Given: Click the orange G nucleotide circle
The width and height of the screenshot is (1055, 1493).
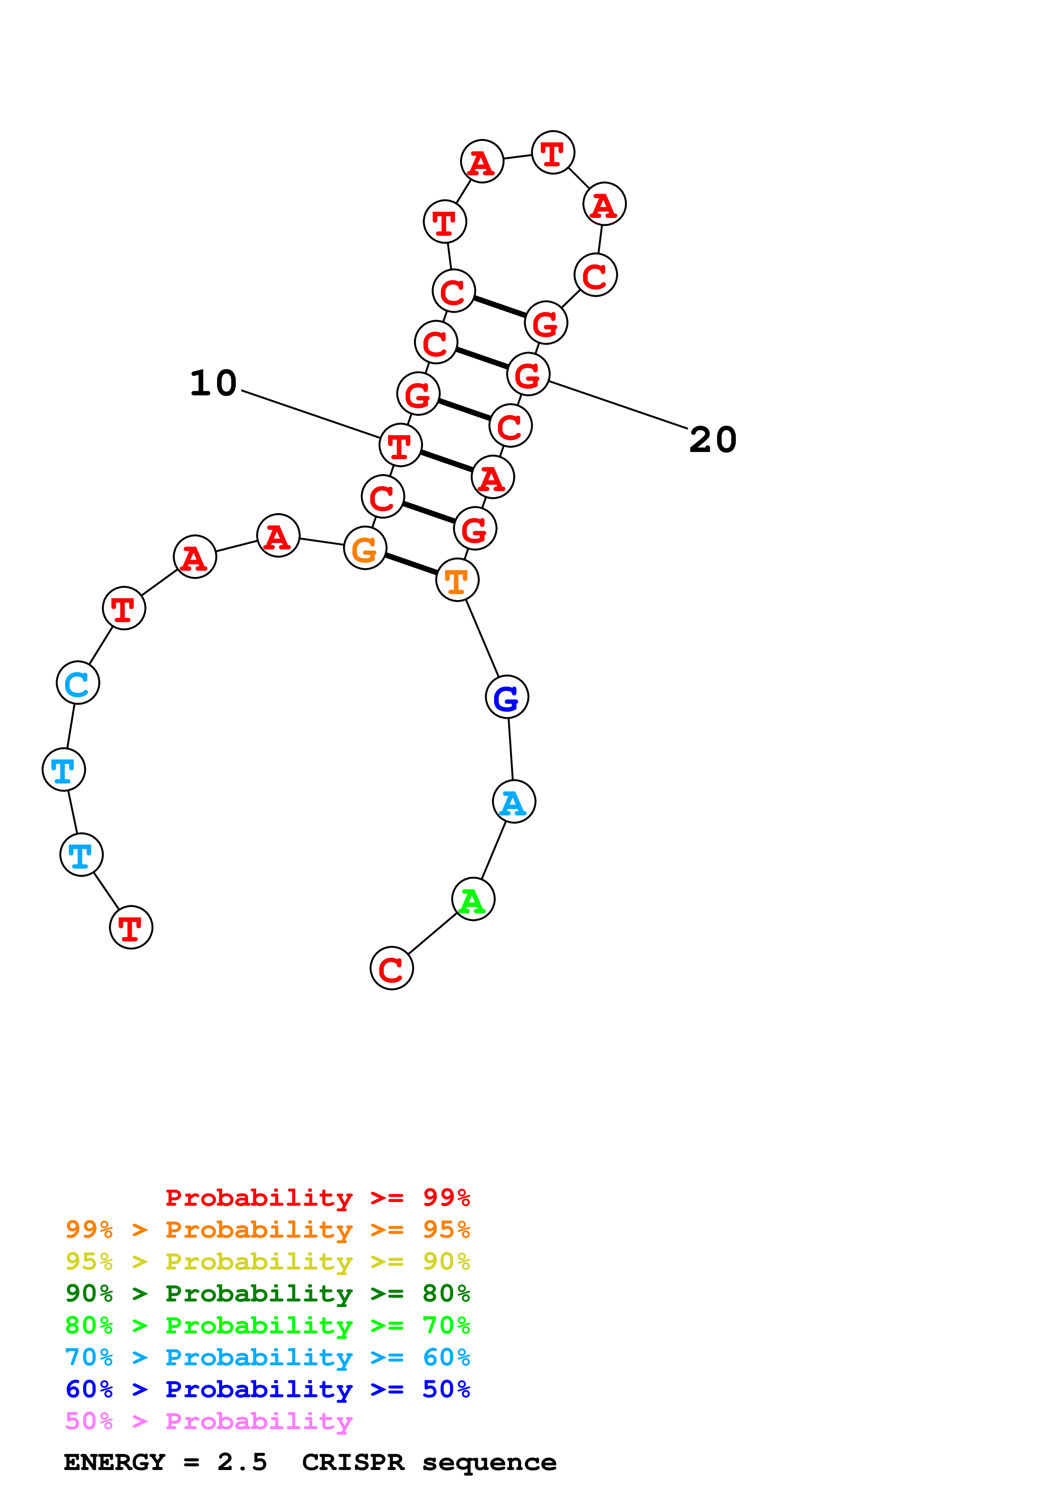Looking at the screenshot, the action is pyautogui.click(x=365, y=548).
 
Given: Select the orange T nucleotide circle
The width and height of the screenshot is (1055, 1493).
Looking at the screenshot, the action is pyautogui.click(x=457, y=580).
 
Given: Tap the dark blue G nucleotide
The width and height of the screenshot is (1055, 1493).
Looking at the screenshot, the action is pyautogui.click(x=506, y=697).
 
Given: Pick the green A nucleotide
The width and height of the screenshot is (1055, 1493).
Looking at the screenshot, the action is pyautogui.click(x=473, y=899).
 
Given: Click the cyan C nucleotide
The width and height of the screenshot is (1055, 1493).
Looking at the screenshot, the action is pyautogui.click(x=78, y=683).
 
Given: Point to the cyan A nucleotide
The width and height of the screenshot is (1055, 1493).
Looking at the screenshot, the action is pyautogui.click(x=514, y=802).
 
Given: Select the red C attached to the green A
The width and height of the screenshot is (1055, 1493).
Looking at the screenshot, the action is pyautogui.click(x=392, y=968).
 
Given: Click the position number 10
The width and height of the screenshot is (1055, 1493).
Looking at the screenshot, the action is pyautogui.click(x=213, y=383).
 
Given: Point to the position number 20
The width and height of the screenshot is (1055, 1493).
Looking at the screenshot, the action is pyautogui.click(x=713, y=440).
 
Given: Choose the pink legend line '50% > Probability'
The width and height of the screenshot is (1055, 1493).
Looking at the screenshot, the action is pyautogui.click(x=209, y=1421).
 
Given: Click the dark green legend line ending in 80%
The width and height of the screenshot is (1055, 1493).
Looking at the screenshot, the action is pyautogui.click(x=267, y=1293).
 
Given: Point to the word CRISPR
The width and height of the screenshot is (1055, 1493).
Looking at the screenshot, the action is pyautogui.click(x=352, y=1462).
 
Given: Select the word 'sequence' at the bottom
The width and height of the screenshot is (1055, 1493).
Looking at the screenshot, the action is pyautogui.click(x=489, y=1462).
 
